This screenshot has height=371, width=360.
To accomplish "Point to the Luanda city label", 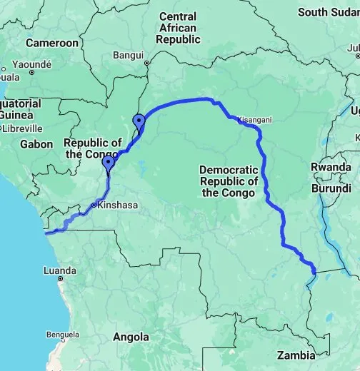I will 60,271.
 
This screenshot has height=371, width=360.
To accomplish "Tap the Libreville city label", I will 23,128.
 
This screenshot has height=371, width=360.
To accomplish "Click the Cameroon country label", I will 51,43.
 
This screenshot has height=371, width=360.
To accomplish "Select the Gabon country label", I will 37,144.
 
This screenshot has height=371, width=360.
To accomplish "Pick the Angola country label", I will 131,337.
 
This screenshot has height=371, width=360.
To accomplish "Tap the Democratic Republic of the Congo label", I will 229,181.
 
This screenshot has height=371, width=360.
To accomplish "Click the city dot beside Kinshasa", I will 94,205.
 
